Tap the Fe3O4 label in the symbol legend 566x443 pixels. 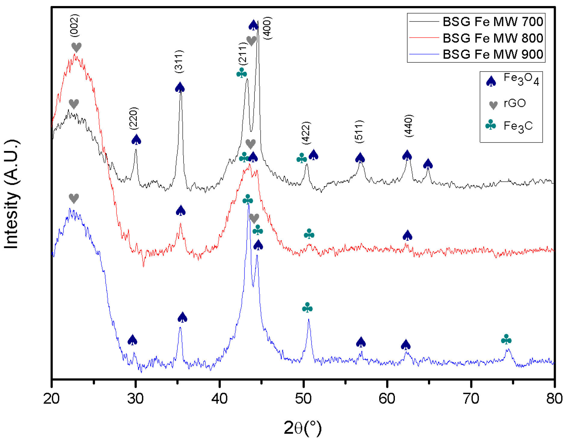(x=521, y=79)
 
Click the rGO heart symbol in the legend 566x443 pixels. (x=493, y=105)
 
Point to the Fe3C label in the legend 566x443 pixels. (x=518, y=126)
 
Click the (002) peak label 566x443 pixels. (x=75, y=26)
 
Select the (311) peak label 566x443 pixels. (x=179, y=62)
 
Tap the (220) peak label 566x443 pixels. (x=134, y=119)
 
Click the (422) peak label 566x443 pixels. (x=306, y=133)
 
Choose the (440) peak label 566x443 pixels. (x=409, y=126)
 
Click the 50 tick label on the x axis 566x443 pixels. (x=303, y=399)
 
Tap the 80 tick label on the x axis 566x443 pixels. (x=554, y=399)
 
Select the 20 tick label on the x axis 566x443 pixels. (x=52, y=399)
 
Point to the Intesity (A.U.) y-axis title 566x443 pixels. (x=11, y=194)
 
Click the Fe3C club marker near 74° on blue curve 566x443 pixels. (x=506, y=339)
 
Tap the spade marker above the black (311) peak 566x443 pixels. (x=180, y=87)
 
